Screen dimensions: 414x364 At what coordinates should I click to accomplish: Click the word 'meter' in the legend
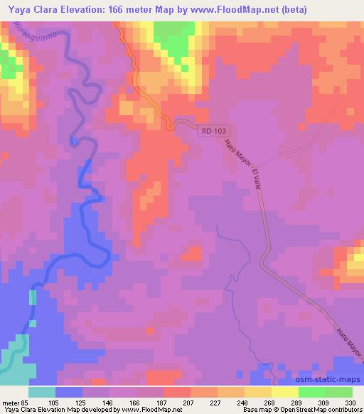point(12,402)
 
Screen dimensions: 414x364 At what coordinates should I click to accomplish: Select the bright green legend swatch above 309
point(311,392)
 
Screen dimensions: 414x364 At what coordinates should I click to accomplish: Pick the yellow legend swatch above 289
point(284,392)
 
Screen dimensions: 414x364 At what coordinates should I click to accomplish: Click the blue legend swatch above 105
point(69,392)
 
